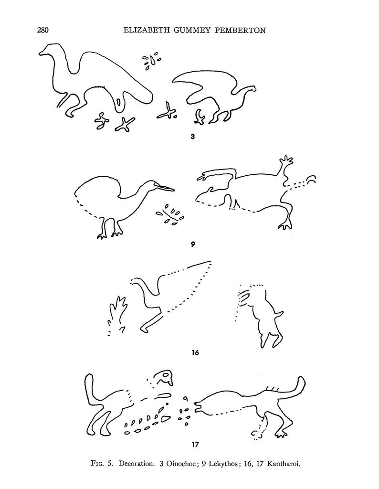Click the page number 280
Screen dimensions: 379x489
(43, 30)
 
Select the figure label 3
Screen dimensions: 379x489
(193, 136)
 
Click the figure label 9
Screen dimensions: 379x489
(193, 244)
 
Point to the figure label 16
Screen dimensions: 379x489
(195, 353)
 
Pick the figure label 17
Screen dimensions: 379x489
(195, 445)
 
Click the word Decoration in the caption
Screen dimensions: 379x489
(136, 464)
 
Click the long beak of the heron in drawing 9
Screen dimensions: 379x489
(165, 187)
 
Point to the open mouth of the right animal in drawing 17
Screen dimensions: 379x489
(197, 407)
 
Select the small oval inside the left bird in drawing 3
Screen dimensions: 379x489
(119, 102)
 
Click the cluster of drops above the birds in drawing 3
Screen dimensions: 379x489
(151, 61)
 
